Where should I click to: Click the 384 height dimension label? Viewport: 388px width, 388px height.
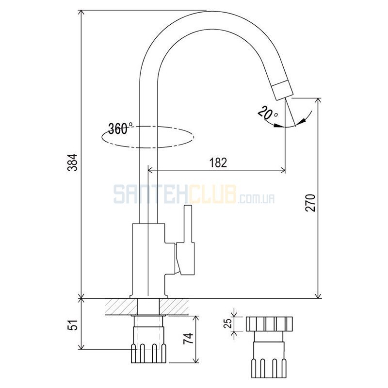[x=73, y=162]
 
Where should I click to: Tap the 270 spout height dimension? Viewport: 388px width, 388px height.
[x=310, y=203]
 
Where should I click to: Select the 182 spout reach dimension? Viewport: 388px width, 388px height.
[x=218, y=162]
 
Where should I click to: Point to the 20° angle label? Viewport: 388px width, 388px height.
[x=268, y=112]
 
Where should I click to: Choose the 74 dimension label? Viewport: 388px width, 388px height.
[x=188, y=339]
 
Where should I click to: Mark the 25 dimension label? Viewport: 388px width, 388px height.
[x=227, y=323]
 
